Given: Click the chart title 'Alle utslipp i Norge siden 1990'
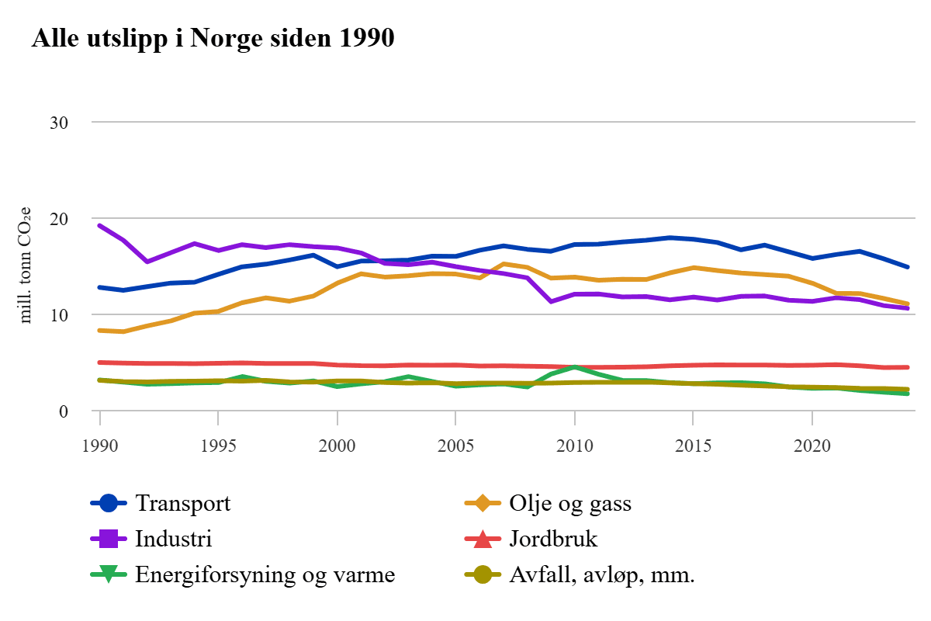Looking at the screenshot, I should tap(213, 38).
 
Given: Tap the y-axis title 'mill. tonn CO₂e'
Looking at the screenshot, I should tap(26, 265).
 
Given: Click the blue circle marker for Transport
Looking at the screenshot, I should tap(109, 504).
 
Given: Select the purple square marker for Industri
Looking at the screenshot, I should tap(109, 539).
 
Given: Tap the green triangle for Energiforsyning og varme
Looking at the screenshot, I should tap(109, 575).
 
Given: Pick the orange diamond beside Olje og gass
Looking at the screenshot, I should tap(483, 504).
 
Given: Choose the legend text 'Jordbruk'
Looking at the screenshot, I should tap(554, 539).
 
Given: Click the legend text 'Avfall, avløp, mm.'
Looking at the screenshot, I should tap(602, 575).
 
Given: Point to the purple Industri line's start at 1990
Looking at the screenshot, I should tap(100, 225).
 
